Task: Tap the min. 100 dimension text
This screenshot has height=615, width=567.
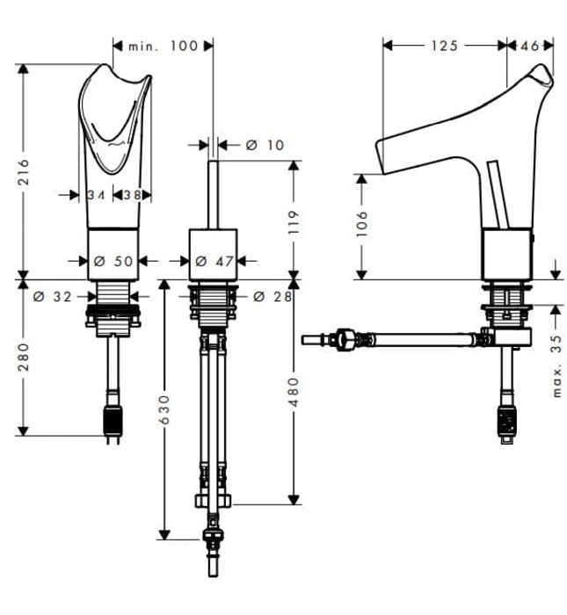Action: click(x=164, y=46)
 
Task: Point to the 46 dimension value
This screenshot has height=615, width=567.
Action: click(x=530, y=46)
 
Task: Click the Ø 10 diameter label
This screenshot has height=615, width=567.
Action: click(x=265, y=144)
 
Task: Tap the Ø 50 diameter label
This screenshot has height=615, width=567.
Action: click(x=112, y=261)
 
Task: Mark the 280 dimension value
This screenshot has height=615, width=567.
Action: click(x=25, y=357)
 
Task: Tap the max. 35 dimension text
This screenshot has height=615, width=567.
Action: click(x=556, y=365)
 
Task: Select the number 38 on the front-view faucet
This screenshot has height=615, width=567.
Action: click(x=132, y=195)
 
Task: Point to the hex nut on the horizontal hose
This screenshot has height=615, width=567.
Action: click(x=346, y=338)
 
